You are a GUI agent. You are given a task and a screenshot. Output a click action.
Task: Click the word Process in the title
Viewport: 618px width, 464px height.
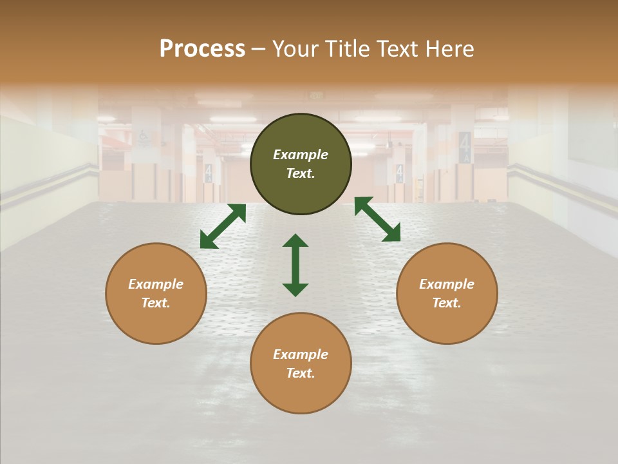202,49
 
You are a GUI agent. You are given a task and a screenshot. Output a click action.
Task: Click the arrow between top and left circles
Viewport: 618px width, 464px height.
223,226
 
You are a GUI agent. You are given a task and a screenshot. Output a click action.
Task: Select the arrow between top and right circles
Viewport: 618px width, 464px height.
378,219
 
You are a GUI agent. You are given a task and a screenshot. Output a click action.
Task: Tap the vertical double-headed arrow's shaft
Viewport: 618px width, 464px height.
295,265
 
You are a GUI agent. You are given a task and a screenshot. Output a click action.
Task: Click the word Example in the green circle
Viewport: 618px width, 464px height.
301,155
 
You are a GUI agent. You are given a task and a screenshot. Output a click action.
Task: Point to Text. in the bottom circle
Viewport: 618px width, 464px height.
301,373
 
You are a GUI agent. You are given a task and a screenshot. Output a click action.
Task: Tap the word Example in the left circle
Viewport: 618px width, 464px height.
156,284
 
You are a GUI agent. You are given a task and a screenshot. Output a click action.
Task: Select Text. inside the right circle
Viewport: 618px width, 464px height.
447,303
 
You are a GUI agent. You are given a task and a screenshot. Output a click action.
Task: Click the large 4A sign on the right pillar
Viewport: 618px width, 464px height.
465,147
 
